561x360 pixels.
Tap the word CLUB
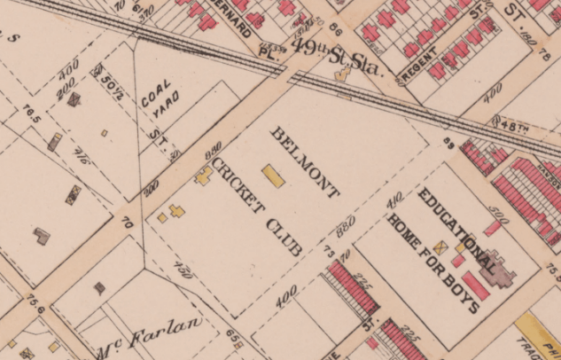click(x=284, y=235)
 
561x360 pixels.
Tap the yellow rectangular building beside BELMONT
click(x=273, y=176)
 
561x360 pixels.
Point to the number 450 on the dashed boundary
click(x=183, y=269)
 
